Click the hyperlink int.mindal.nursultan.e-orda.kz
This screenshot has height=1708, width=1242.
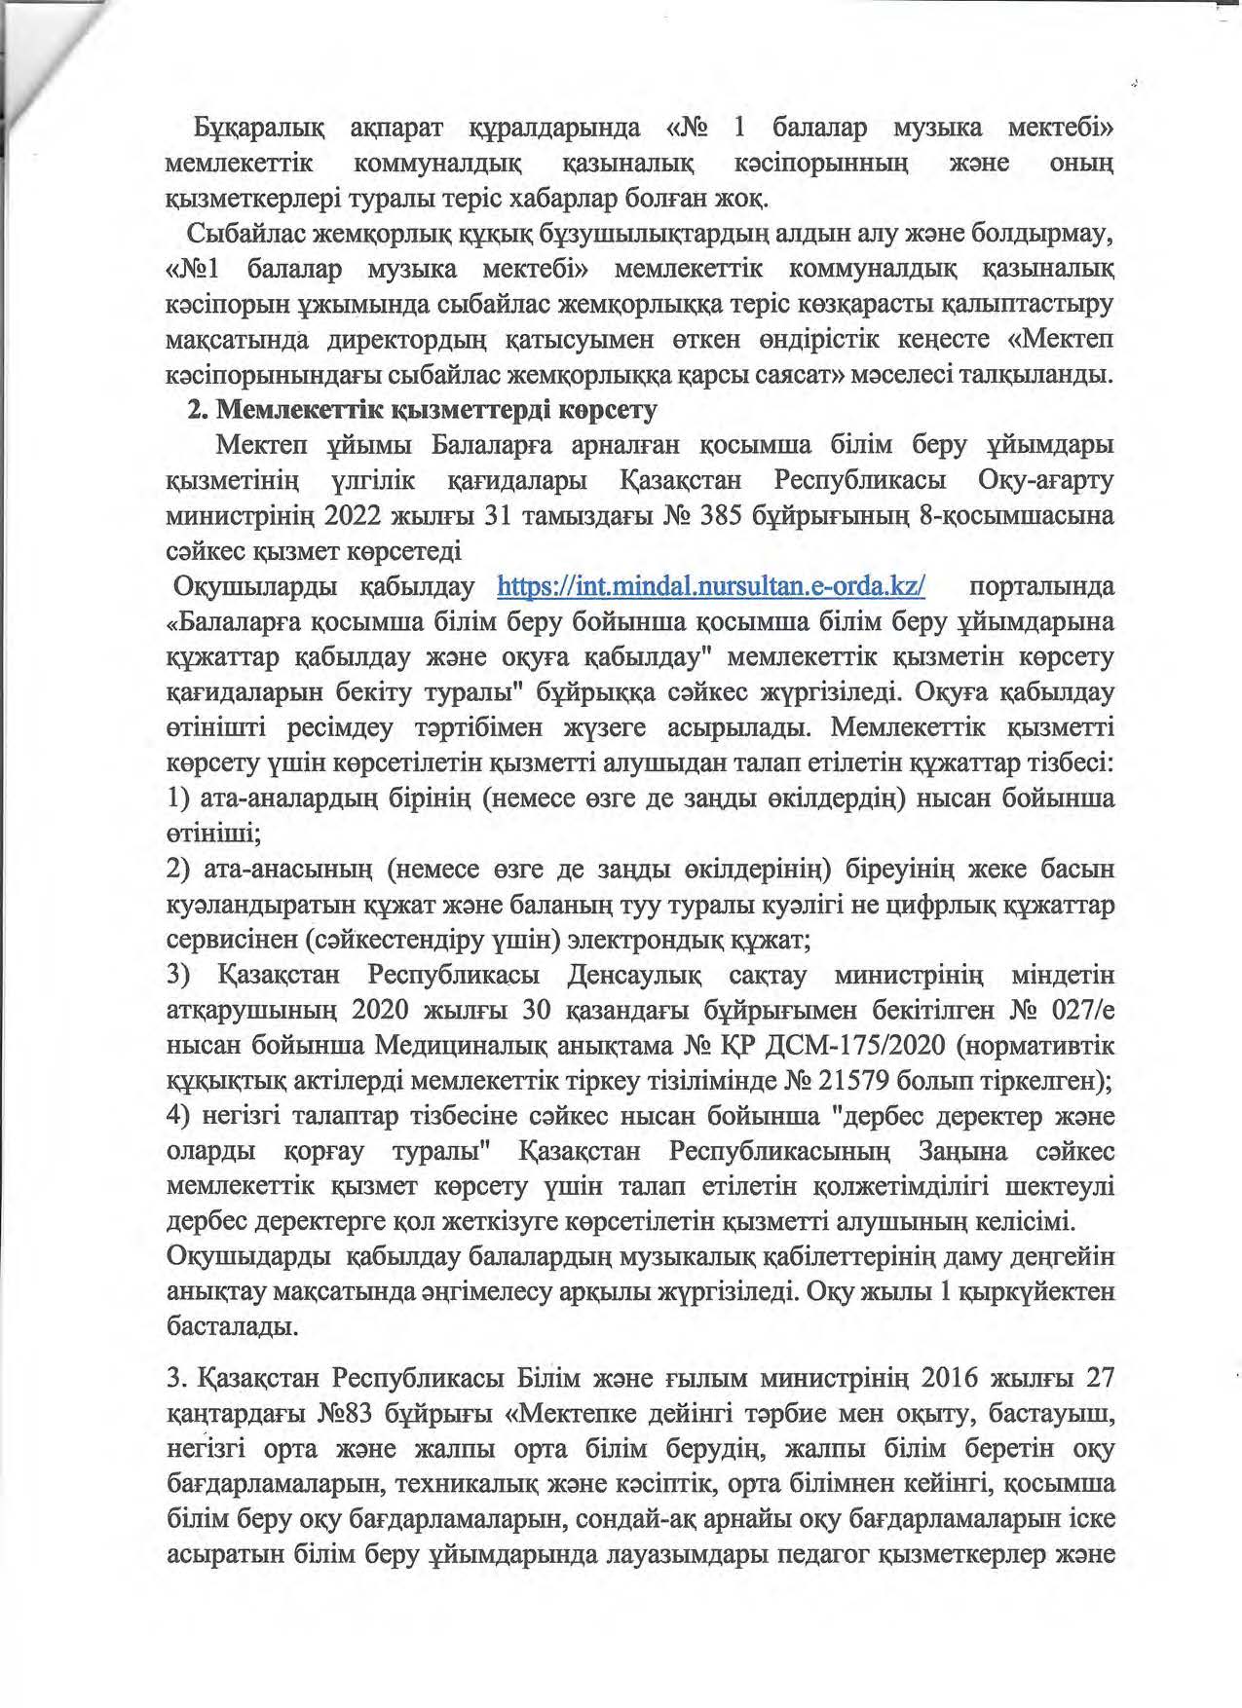711,587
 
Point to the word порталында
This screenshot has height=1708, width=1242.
1042,587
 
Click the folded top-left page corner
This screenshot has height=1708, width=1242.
39,49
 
